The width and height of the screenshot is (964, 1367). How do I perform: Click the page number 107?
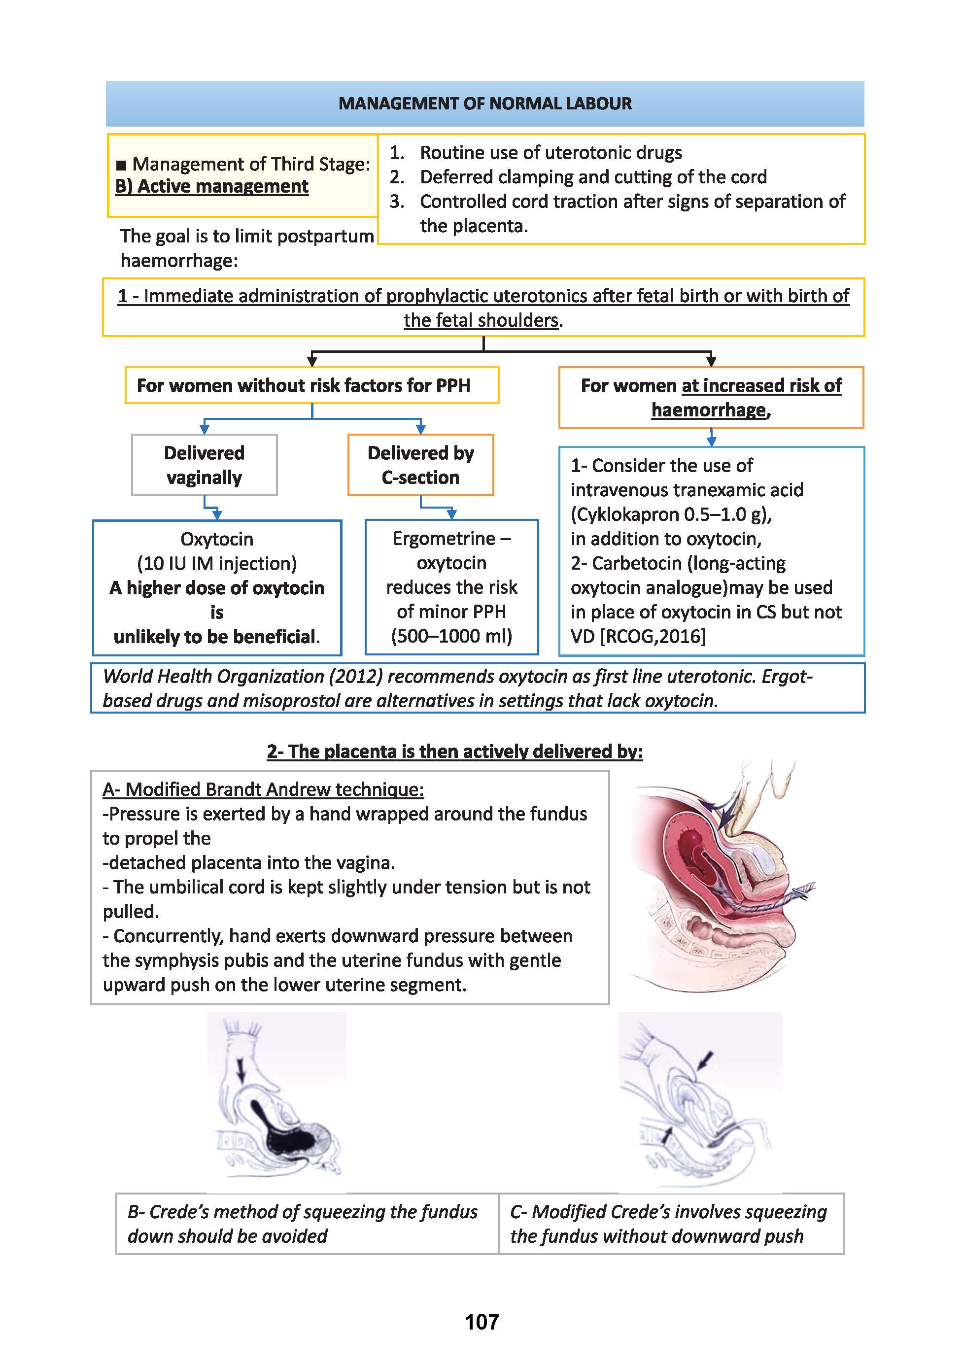pyautogui.click(x=481, y=1322)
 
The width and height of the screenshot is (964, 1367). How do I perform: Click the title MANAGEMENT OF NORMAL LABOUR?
pyautogui.click(x=484, y=103)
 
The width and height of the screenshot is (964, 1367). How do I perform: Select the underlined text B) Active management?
pyautogui.click(x=211, y=186)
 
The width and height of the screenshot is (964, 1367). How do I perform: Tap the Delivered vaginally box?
pyautogui.click(x=204, y=465)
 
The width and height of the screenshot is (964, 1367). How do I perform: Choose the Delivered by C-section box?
pyautogui.click(x=420, y=465)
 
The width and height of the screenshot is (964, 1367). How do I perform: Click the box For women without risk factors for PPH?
pyautogui.click(x=311, y=385)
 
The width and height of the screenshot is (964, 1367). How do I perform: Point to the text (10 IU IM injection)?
pyautogui.click(x=217, y=563)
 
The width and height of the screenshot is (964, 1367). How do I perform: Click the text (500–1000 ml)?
pyautogui.click(x=451, y=636)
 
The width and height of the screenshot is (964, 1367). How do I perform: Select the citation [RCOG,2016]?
pyautogui.click(x=653, y=637)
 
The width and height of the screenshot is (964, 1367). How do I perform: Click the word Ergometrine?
pyautogui.click(x=444, y=538)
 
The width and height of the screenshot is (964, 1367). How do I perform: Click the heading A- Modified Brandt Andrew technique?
pyautogui.click(x=263, y=789)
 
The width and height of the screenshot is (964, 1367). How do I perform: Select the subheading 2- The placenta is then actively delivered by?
pyautogui.click(x=455, y=752)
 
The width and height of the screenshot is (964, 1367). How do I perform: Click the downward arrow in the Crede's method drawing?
pyautogui.click(x=241, y=1071)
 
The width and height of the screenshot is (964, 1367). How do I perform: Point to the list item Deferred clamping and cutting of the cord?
pyautogui.click(x=593, y=177)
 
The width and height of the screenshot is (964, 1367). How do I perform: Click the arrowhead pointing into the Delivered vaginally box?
pyautogui.click(x=204, y=428)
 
